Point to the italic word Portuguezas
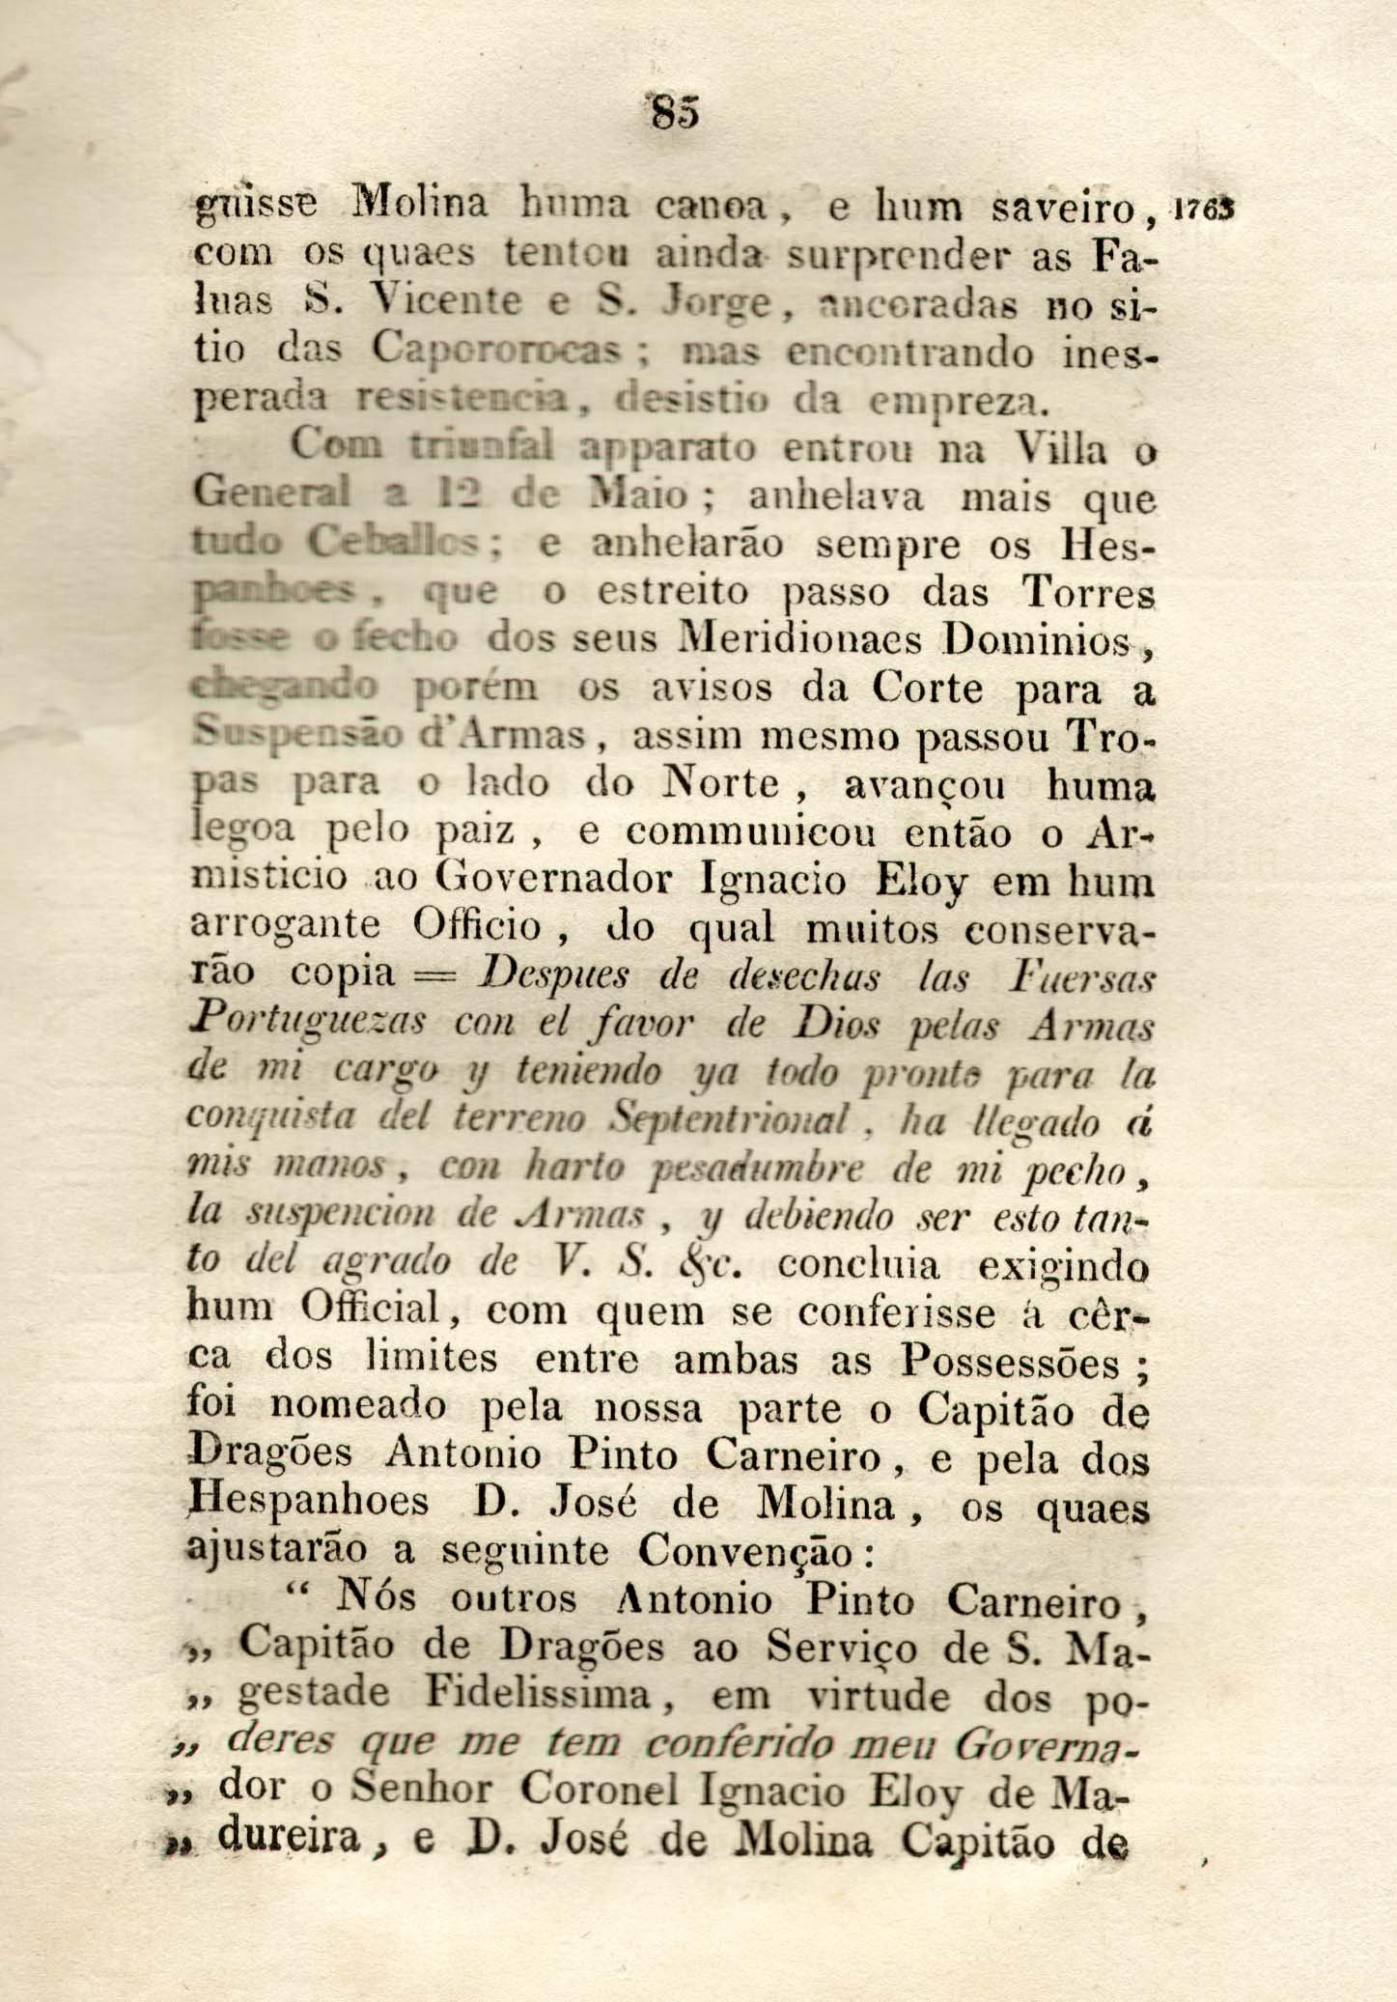point(306,1024)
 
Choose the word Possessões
point(1011,1362)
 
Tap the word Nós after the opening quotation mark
point(377,1599)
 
